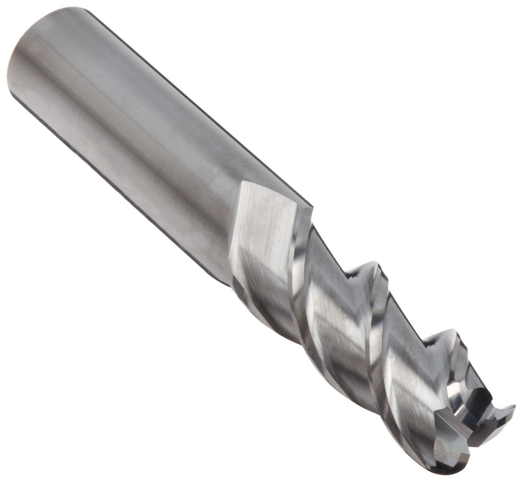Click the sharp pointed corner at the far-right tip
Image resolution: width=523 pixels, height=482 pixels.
point(513,406)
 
